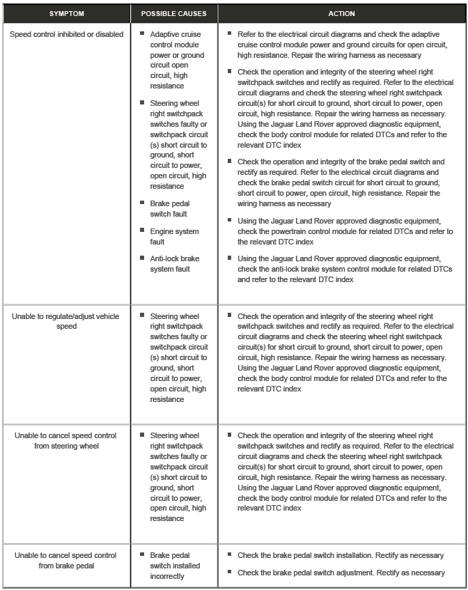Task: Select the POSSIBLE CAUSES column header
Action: (173, 13)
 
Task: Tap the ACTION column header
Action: (341, 13)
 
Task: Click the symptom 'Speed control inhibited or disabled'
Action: (66, 33)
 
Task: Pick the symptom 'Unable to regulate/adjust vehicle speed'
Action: (65, 321)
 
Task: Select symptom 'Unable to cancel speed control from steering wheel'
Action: (65, 440)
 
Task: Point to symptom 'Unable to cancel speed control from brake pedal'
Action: (65, 560)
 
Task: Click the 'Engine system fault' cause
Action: (174, 236)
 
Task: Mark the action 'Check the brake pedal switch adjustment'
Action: (341, 573)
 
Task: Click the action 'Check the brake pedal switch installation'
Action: (340, 555)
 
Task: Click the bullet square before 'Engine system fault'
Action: (142, 231)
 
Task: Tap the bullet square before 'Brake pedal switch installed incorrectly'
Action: (142, 554)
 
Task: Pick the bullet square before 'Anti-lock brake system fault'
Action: (142, 258)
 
